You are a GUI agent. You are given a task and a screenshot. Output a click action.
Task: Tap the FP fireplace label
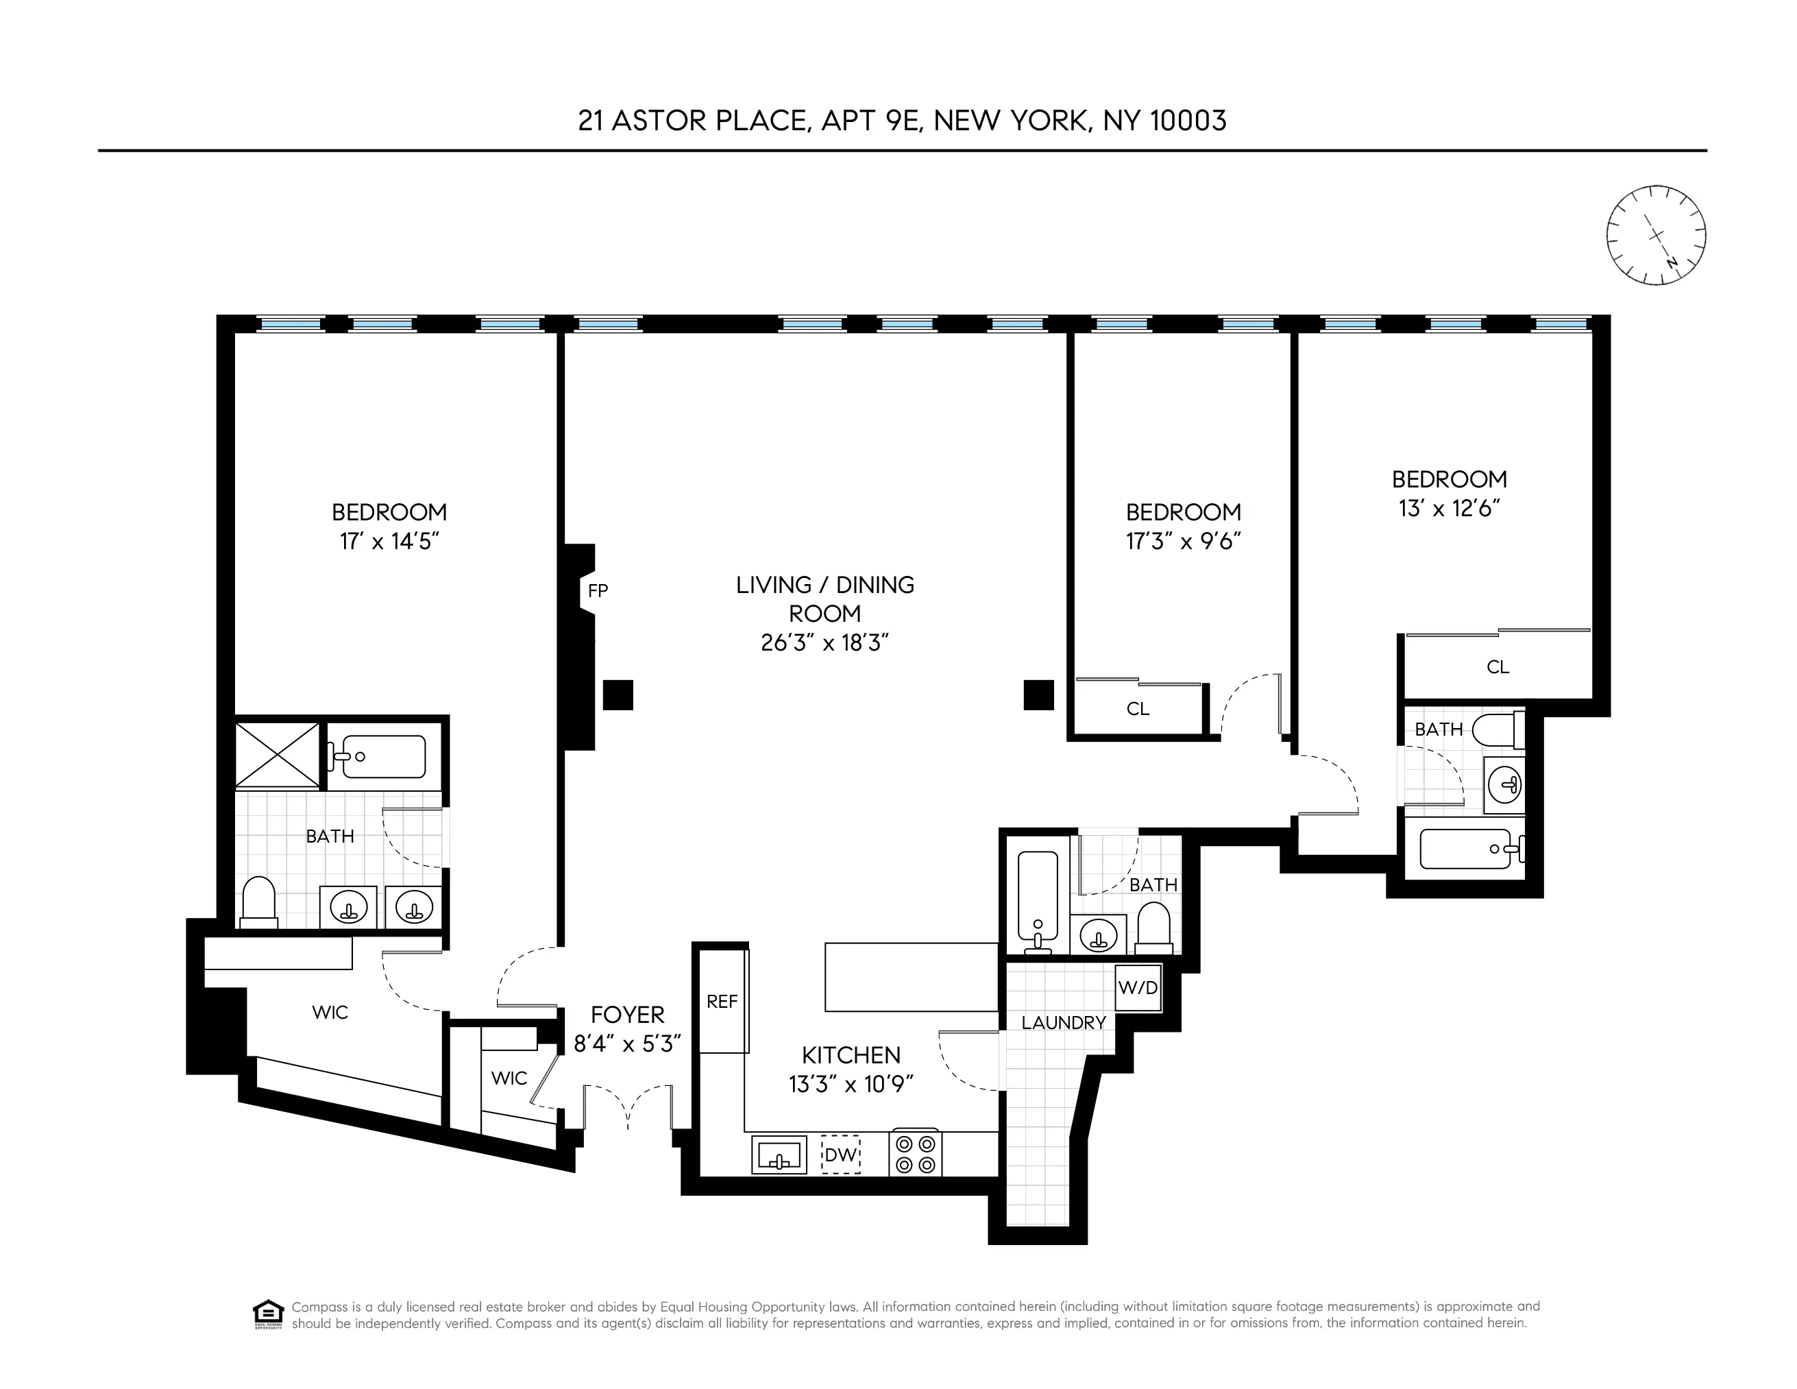(598, 591)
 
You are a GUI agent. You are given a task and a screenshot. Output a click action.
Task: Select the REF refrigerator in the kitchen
(722, 1002)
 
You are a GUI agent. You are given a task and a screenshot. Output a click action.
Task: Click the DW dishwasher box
(840, 1155)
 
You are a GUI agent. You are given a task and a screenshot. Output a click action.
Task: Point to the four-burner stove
(915, 1154)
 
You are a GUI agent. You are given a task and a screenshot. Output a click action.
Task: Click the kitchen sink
(779, 1155)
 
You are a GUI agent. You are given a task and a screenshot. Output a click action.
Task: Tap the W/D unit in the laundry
(1138, 987)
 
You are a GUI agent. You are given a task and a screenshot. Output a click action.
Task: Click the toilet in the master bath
(258, 903)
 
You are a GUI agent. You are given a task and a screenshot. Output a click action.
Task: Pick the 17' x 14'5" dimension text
(389, 542)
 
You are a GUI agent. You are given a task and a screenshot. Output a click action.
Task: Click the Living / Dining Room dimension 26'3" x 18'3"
(824, 642)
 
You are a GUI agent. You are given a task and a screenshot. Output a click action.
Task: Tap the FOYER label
(627, 1015)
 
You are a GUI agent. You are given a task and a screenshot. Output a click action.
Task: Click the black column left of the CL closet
(1038, 695)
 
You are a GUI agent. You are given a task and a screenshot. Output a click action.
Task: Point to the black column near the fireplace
(618, 695)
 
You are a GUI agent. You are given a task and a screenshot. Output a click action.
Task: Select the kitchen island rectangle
(911, 977)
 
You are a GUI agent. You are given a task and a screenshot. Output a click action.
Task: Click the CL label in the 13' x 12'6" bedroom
(1497, 667)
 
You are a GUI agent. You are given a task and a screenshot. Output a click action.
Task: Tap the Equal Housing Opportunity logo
(268, 1314)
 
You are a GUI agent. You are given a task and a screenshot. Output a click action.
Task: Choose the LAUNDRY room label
(1063, 1023)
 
